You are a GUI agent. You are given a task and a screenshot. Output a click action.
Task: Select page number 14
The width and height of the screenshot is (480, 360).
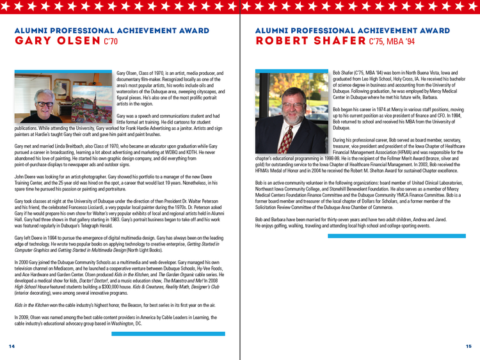(x=12, y=346)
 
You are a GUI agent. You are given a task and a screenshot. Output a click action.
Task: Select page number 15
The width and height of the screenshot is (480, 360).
(x=468, y=346)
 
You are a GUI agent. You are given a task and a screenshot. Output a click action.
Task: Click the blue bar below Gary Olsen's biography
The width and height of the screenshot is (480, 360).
(x=168, y=333)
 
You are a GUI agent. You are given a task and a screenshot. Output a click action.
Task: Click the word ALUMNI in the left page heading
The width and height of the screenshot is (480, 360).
(x=31, y=31)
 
